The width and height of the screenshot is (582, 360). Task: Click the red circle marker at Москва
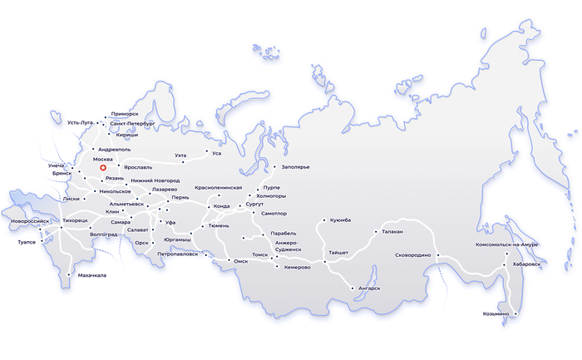103,169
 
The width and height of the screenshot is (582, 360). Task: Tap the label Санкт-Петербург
132,123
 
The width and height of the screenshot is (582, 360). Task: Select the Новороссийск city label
31,221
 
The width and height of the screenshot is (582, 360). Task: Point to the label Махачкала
92,274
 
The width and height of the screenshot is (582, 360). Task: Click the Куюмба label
340,220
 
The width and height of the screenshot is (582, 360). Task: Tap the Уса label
217,153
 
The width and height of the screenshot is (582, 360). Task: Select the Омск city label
241,260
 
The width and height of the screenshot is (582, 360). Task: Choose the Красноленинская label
219,188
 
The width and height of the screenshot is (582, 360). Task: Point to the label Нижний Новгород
155,180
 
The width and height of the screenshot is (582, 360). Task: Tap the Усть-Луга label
84,123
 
